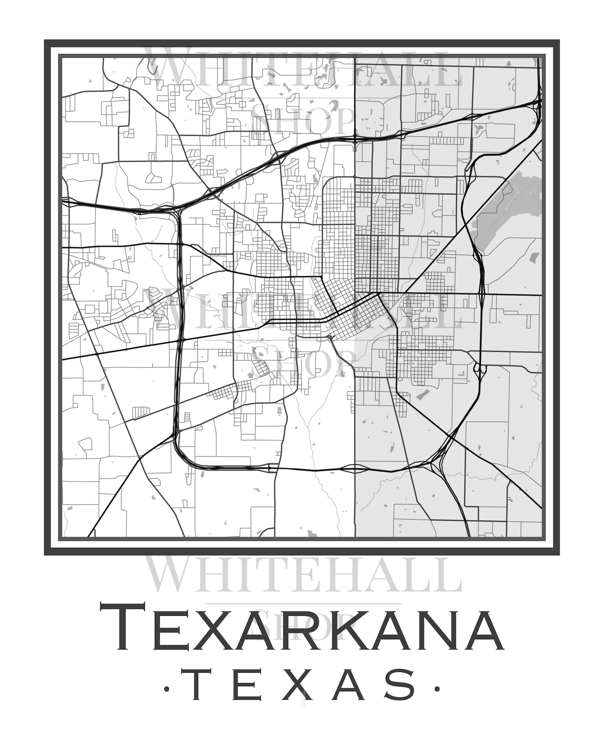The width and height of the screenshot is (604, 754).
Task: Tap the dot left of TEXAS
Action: pos(166,688)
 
